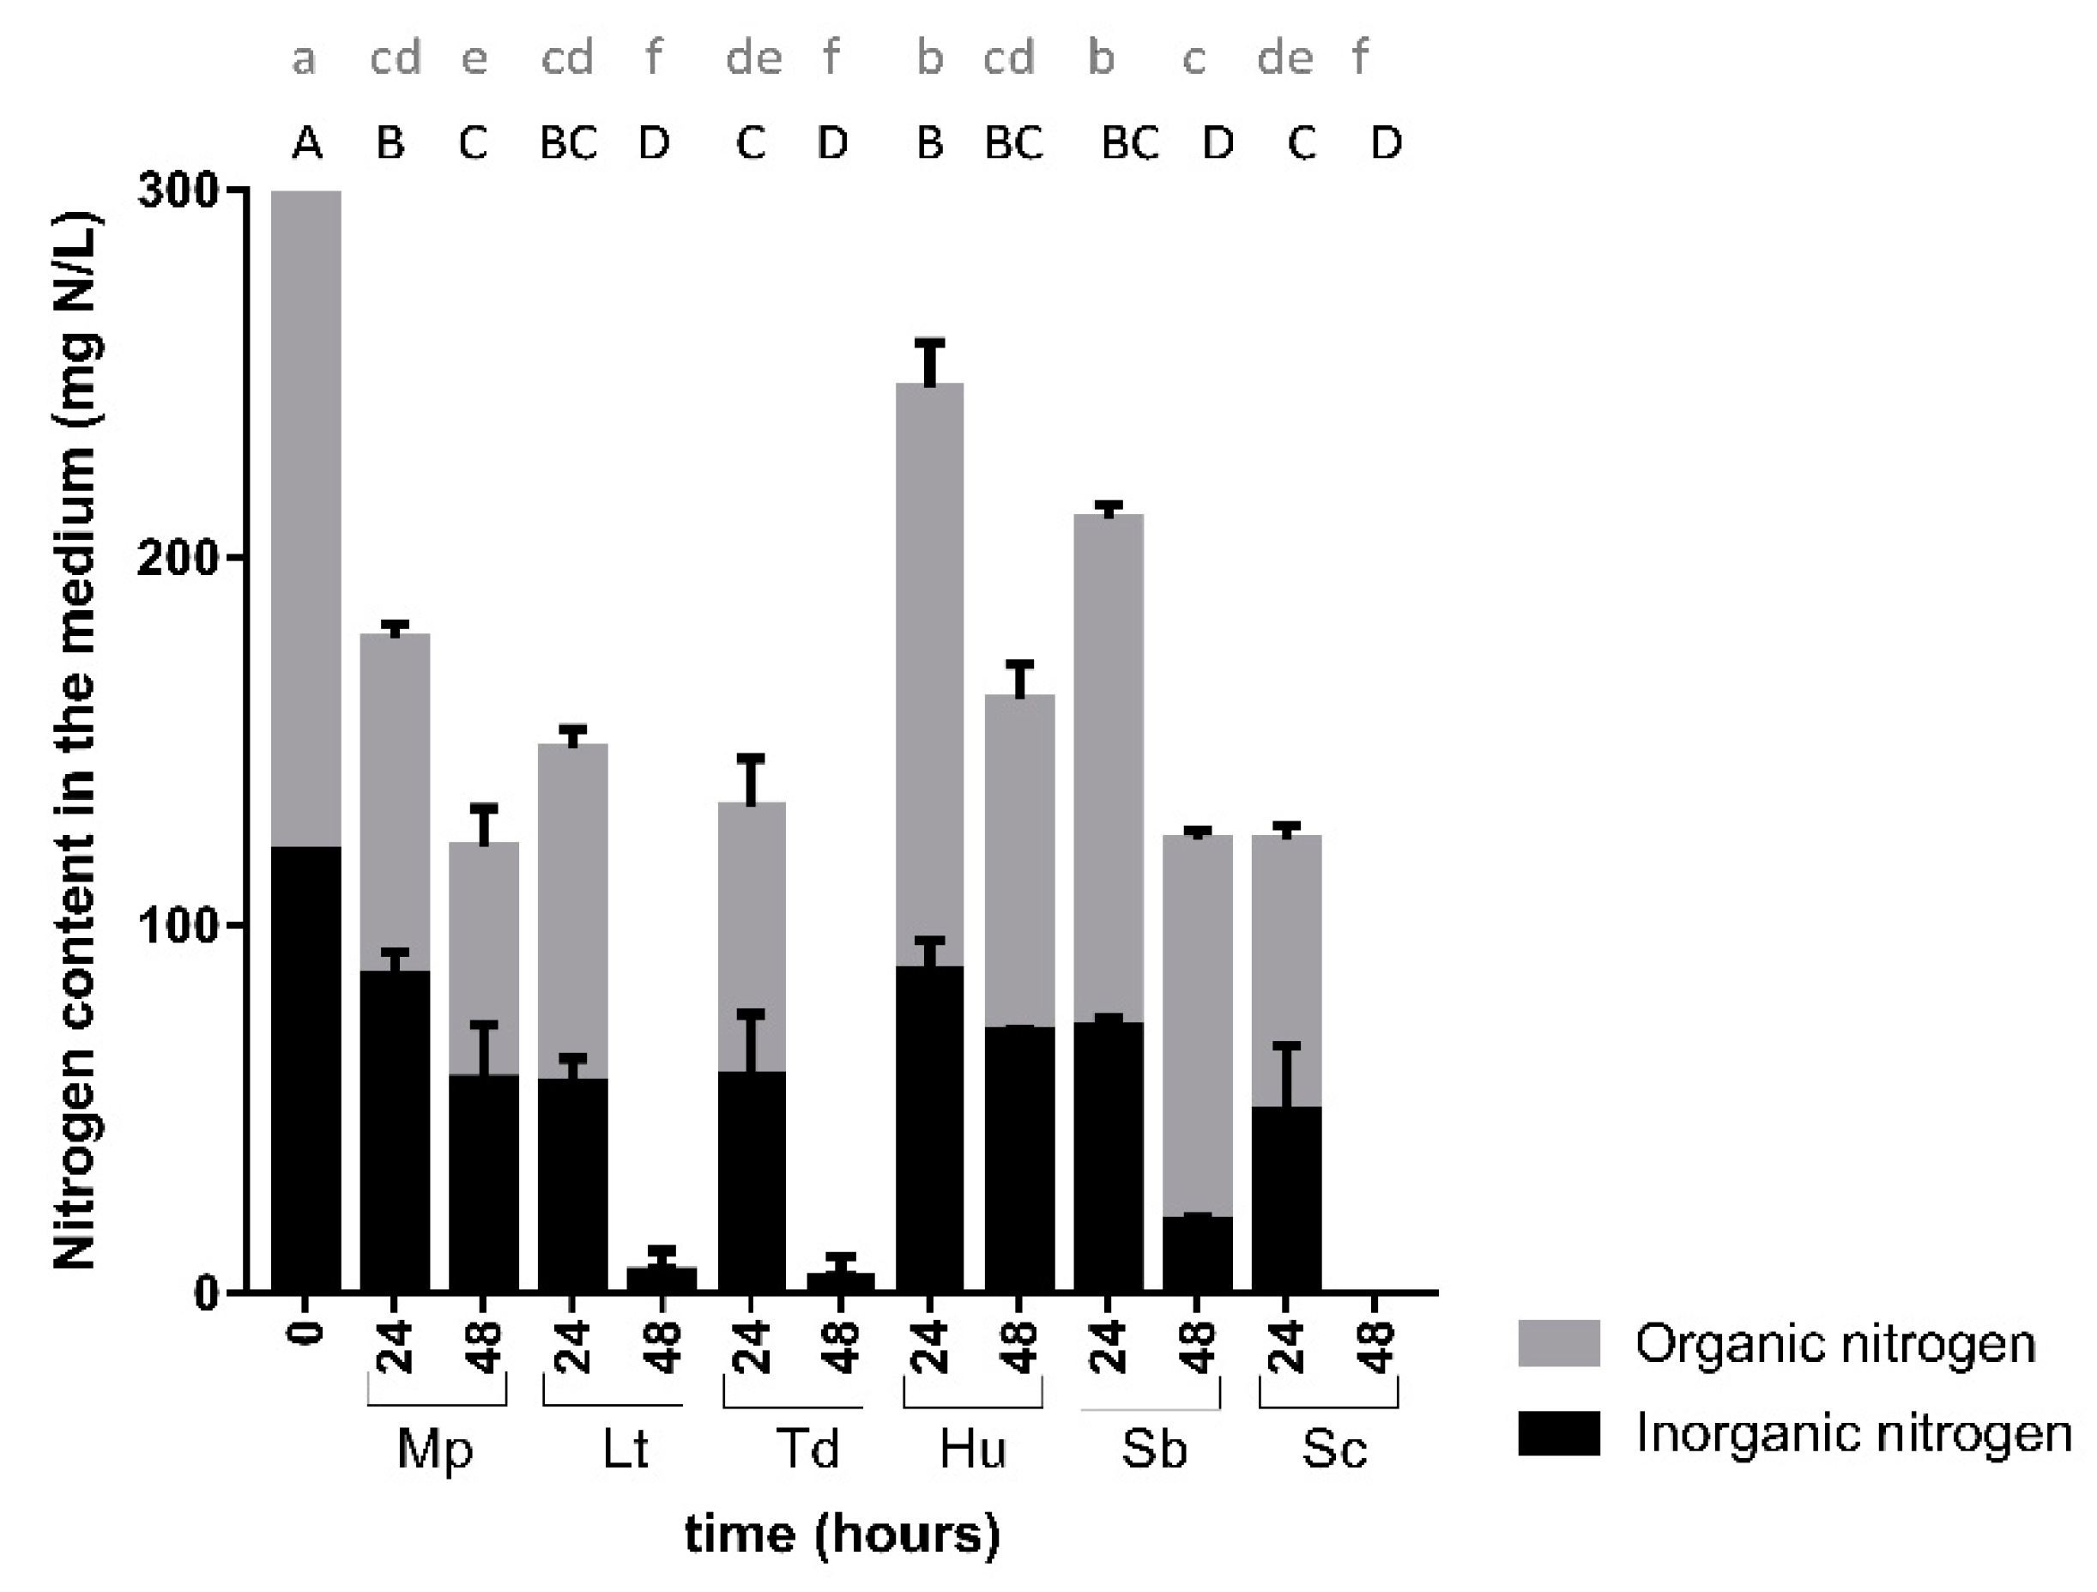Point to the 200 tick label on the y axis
[x=178, y=559]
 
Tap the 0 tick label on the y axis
[x=208, y=1292]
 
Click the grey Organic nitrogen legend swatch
[x=1558, y=1342]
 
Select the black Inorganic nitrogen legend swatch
[x=1558, y=1432]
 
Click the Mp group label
[x=435, y=1449]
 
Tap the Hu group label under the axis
[x=973, y=1449]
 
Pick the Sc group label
[x=1334, y=1449]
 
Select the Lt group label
[x=625, y=1449]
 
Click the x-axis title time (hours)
[x=842, y=1534]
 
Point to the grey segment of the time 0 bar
[x=306, y=517]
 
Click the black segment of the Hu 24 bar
[x=929, y=1129]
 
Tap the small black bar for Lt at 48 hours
[x=662, y=1279]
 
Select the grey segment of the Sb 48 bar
[x=1197, y=1024]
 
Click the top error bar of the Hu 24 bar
[x=930, y=360]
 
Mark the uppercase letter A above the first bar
[x=307, y=144]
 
